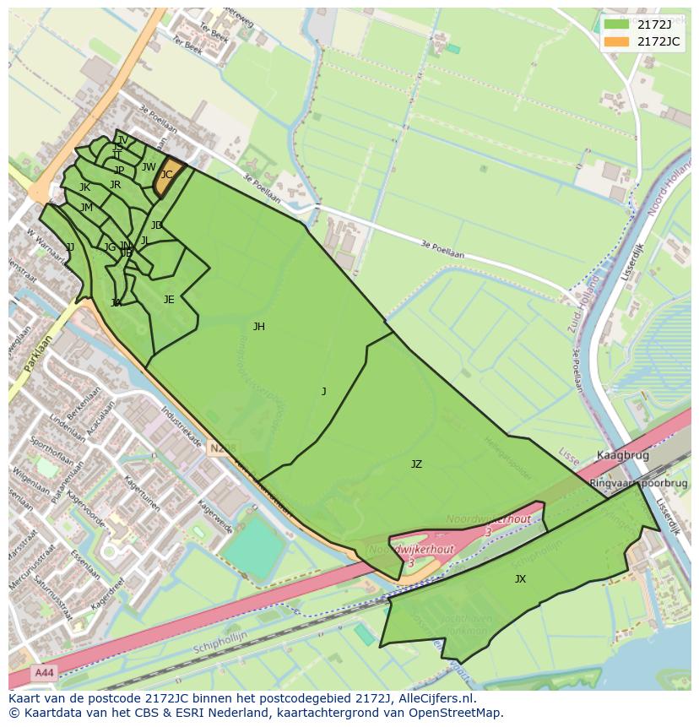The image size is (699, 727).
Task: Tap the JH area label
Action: (x=258, y=327)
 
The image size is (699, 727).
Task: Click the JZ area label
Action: (x=416, y=464)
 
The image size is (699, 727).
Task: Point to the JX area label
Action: (x=520, y=579)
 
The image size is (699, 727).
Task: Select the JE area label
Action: (x=169, y=300)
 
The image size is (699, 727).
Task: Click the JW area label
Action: (x=149, y=167)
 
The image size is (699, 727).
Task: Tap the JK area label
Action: (x=84, y=187)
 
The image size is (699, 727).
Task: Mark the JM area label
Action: (x=86, y=208)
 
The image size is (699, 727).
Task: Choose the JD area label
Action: (x=156, y=225)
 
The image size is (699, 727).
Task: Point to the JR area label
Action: (x=115, y=185)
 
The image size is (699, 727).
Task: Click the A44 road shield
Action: (x=43, y=673)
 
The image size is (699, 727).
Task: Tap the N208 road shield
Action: (x=225, y=448)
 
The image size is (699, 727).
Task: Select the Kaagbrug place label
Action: (x=622, y=455)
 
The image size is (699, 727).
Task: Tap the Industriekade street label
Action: (x=181, y=428)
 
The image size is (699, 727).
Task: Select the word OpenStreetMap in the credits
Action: (x=455, y=713)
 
